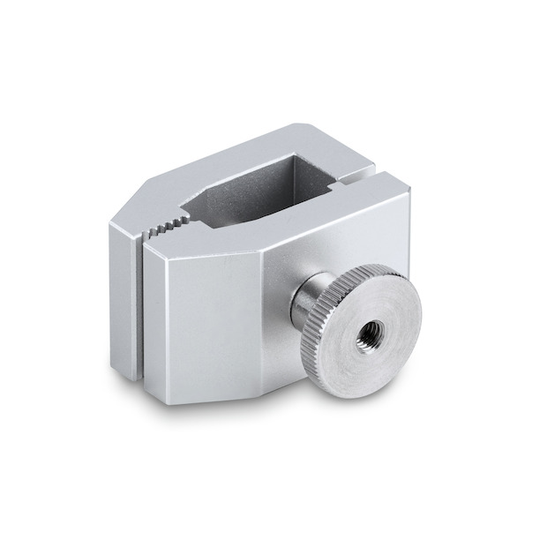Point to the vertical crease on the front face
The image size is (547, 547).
pos(266,309)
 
